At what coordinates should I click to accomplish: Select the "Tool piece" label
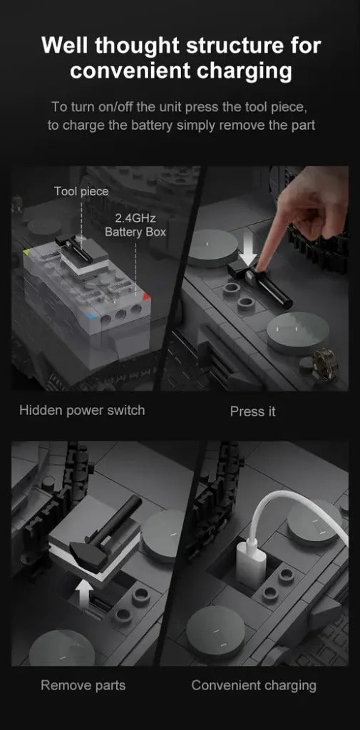pos(81,191)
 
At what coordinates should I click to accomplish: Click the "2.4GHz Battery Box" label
pos(135,225)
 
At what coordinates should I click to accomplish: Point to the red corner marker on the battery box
pos(145,297)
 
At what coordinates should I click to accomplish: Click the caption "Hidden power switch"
pos(82,411)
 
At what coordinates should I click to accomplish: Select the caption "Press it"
pos(253,411)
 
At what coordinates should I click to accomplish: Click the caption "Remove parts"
pos(83,685)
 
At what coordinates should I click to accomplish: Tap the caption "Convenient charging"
pos(254,686)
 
